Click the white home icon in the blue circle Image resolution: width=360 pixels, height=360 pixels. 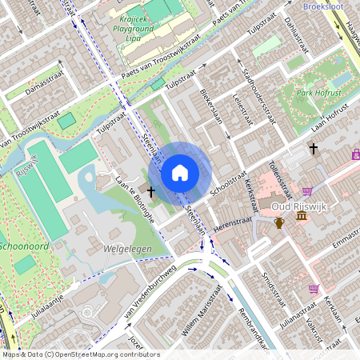(180, 172)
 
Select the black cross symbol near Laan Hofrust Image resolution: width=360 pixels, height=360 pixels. (314, 148)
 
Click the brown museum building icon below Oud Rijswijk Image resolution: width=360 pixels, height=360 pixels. (301, 216)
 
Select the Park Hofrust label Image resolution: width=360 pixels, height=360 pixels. (318, 94)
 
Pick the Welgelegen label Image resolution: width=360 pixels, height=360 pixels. (127, 249)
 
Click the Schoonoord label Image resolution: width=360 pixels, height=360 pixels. (26, 244)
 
